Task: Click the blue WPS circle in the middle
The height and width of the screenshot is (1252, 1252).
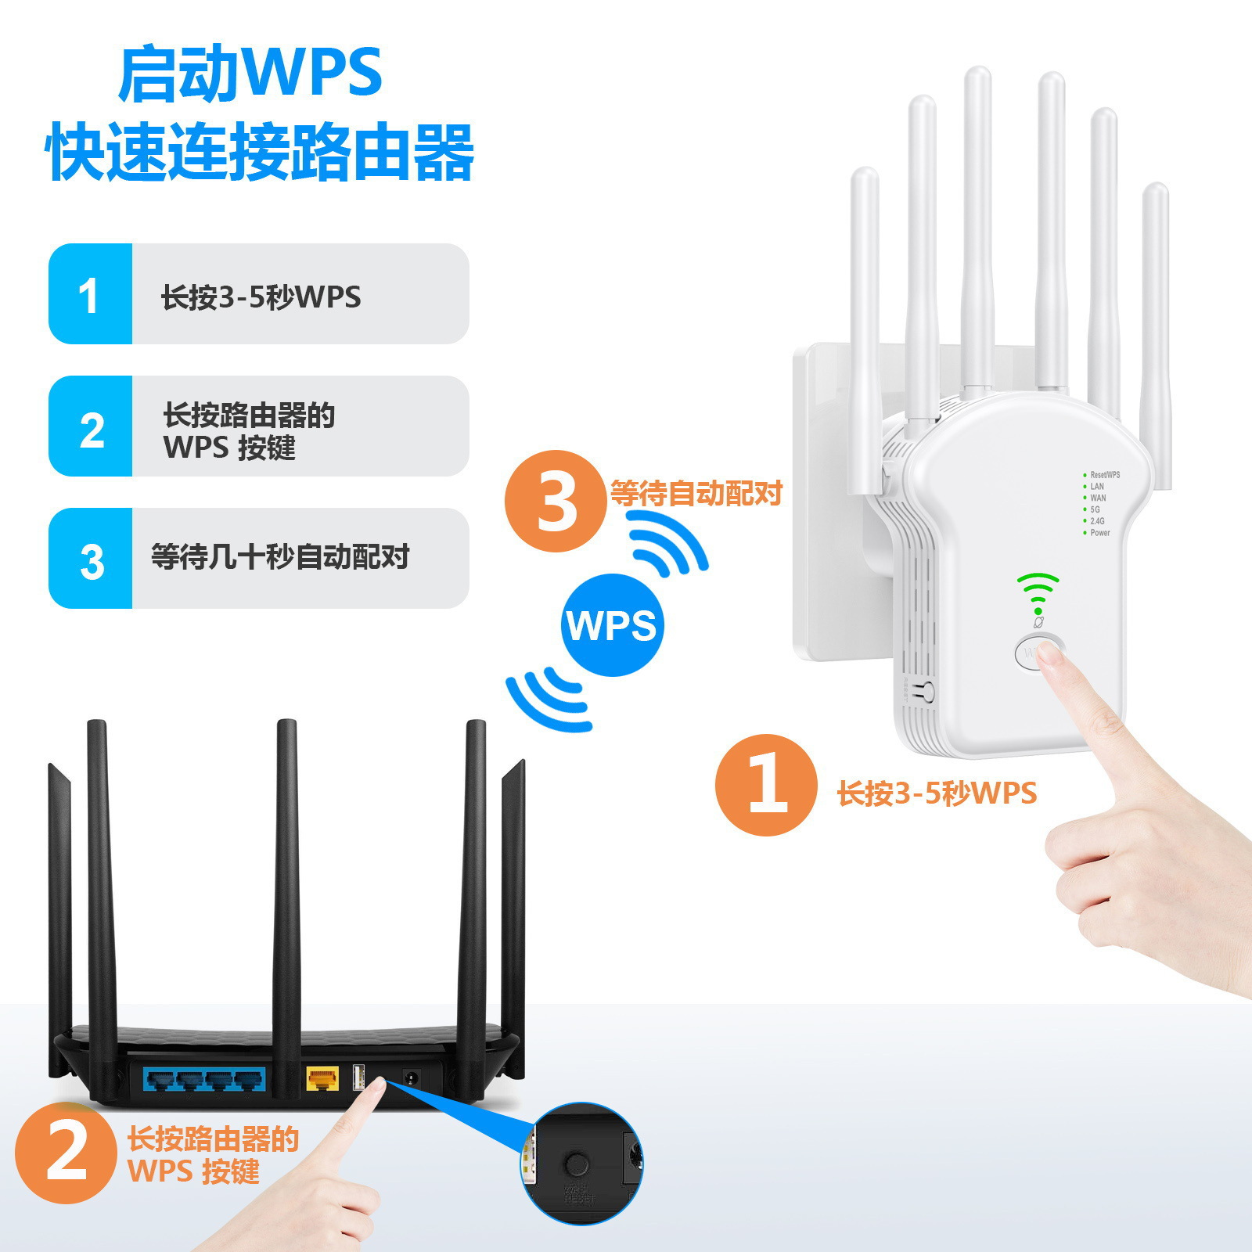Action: click(612, 625)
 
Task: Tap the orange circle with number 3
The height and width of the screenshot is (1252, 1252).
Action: click(556, 501)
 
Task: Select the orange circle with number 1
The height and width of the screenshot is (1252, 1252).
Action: click(766, 785)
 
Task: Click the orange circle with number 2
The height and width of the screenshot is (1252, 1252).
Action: click(66, 1153)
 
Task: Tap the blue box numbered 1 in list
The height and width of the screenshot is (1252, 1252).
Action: click(90, 294)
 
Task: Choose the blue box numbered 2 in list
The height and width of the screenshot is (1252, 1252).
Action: click(90, 426)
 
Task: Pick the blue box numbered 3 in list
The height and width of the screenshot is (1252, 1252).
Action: click(90, 559)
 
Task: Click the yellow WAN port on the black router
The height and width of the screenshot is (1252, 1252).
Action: click(322, 1080)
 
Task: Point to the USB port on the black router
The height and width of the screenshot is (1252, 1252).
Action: click(359, 1078)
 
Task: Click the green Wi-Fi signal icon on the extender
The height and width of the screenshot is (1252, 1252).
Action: click(1038, 592)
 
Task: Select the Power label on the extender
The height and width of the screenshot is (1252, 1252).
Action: click(1099, 533)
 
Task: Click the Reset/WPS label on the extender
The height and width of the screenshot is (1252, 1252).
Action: click(1104, 475)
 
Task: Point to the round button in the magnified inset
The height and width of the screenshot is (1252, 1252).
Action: click(577, 1164)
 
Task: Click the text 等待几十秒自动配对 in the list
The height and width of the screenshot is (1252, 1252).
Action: click(280, 557)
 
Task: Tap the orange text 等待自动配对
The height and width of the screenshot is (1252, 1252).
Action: click(696, 494)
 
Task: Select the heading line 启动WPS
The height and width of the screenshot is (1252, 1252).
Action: click(250, 74)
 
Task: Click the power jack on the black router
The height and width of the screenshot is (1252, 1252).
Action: click(409, 1078)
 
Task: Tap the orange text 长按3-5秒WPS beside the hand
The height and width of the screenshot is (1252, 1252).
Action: click(937, 793)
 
